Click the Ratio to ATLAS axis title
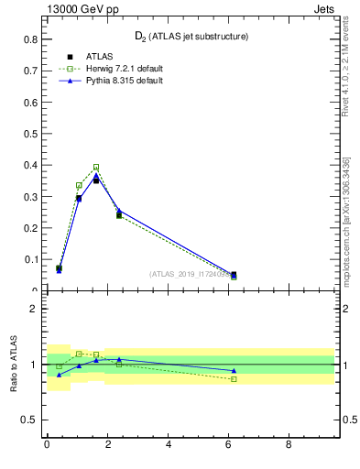14,365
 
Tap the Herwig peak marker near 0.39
96,168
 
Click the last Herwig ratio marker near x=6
234,379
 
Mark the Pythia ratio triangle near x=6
234,370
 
